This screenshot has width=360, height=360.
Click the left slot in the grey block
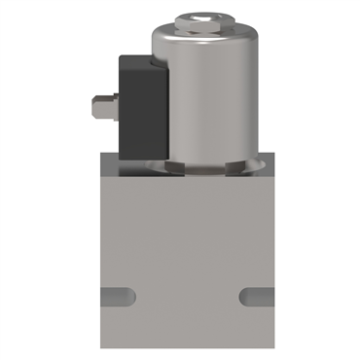coord(117,296)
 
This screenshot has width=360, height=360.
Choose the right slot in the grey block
coord(254,296)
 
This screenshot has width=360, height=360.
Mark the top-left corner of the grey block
coord(97,178)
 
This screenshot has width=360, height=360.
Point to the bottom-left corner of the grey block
coord(97,347)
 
